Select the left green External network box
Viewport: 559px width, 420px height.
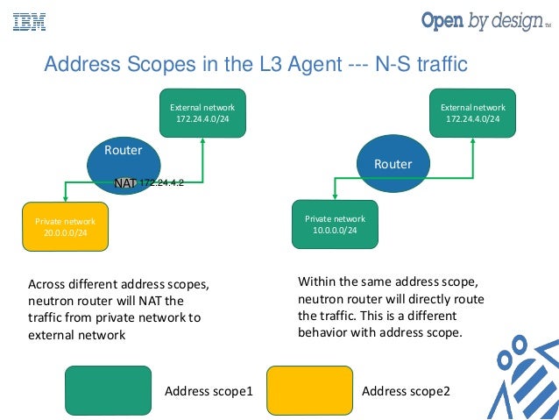coord(202,112)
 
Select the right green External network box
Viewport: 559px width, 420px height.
coord(472,112)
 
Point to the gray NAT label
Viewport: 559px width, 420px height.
coord(124,183)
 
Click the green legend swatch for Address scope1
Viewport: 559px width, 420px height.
coord(108,390)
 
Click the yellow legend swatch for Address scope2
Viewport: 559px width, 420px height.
coord(308,390)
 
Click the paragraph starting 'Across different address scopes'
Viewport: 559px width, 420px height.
coord(117,309)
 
